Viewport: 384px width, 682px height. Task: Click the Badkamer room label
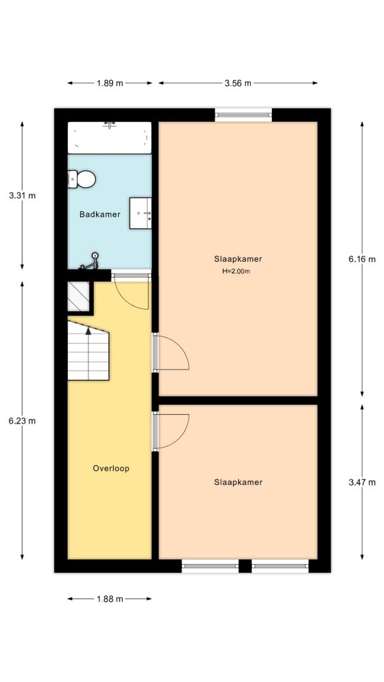99,214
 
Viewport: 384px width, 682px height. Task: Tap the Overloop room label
110,468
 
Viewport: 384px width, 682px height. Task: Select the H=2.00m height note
236,272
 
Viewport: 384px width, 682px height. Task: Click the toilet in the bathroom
82,178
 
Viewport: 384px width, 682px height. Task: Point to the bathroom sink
141,213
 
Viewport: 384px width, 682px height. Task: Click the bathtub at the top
109,138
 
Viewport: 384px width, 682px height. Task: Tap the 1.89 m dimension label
109,83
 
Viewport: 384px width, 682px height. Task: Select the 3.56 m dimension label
237,83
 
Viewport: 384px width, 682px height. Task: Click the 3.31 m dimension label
22,196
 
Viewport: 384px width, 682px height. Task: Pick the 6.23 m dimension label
22,420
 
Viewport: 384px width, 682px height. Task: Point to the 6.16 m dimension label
362,259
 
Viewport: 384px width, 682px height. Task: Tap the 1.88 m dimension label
109,599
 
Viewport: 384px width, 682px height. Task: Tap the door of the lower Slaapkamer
171,430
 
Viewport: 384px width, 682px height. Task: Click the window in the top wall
243,115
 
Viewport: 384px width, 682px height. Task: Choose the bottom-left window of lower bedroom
210,566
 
